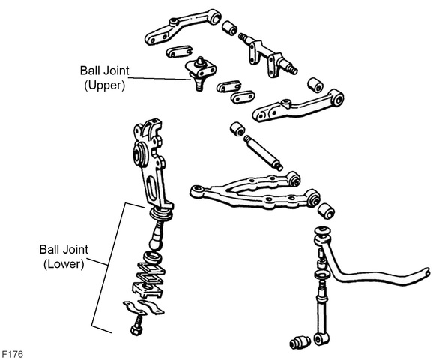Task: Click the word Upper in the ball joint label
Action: pos(105,85)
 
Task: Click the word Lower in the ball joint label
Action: pos(64,264)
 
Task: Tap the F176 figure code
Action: pos(13,354)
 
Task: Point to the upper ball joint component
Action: pos(201,73)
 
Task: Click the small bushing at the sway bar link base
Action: pos(300,342)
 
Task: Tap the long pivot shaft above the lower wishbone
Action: pos(263,153)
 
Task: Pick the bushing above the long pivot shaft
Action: pos(238,129)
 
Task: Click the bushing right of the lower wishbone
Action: pos(326,211)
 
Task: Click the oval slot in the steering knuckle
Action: pos(151,188)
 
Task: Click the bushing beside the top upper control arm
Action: pos(229,28)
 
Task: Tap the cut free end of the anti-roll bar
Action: pos(427,271)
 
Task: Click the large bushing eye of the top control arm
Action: pos(216,18)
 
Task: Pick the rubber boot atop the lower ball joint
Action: pos(160,215)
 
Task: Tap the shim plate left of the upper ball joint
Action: pos(179,52)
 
